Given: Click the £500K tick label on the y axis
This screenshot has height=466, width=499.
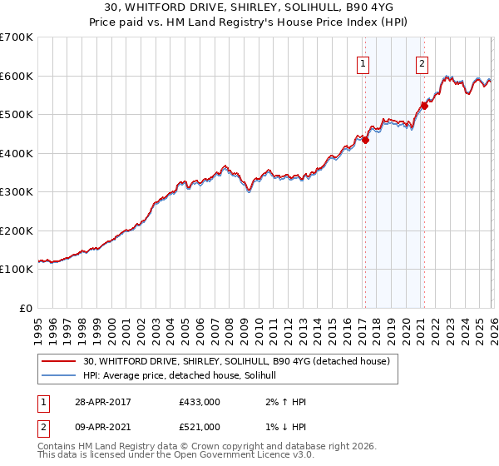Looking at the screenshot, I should click(17, 114).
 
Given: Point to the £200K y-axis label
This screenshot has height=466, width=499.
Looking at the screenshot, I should click(17, 231).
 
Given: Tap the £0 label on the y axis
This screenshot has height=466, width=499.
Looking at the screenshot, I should click(25, 308).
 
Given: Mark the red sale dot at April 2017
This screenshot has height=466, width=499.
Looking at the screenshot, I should click(365, 140).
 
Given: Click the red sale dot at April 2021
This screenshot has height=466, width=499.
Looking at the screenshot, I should click(423, 106).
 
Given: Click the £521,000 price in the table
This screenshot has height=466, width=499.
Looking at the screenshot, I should click(199, 427).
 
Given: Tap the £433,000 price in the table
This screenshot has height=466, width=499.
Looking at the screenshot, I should click(199, 402).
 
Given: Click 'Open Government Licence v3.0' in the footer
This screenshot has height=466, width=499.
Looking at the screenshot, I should click(247, 457).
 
